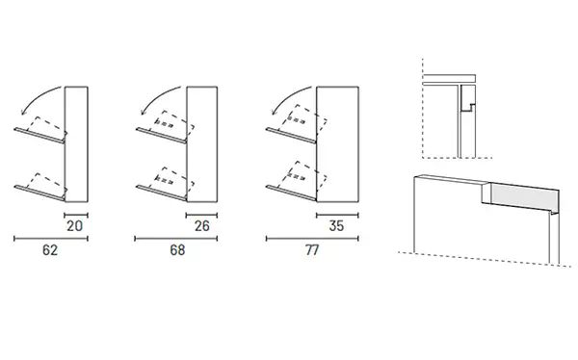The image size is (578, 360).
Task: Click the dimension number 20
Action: (x=74, y=226)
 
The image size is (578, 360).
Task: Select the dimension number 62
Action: (x=50, y=250)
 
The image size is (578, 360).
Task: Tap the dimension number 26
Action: (x=202, y=226)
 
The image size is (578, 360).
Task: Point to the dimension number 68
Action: (x=177, y=250)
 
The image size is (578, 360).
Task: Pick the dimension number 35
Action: (x=336, y=226)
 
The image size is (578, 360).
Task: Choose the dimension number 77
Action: (x=312, y=250)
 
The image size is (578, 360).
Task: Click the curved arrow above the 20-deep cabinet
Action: (x=37, y=96)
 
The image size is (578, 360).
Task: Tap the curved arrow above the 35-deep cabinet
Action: (x=287, y=96)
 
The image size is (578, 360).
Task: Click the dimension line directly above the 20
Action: (x=76, y=215)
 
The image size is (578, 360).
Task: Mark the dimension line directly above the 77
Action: (x=312, y=239)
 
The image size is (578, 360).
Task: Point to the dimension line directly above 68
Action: (x=176, y=239)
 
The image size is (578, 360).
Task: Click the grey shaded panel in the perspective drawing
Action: (x=525, y=196)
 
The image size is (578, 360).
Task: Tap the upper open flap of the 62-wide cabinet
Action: (x=39, y=135)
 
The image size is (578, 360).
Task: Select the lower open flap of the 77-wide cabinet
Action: (x=291, y=193)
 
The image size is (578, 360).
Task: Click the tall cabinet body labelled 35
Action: (x=338, y=144)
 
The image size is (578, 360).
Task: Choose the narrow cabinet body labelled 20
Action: (x=76, y=144)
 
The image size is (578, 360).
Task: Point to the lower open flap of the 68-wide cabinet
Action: (x=162, y=193)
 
